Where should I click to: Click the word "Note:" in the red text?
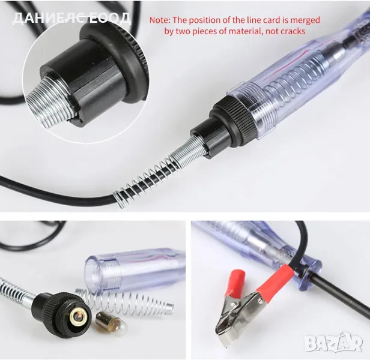point(160,20)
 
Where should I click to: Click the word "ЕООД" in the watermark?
point(111,19)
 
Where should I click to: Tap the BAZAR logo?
point(333,342)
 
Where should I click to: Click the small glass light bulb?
point(111,323)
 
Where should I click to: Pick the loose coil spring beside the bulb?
point(124,302)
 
